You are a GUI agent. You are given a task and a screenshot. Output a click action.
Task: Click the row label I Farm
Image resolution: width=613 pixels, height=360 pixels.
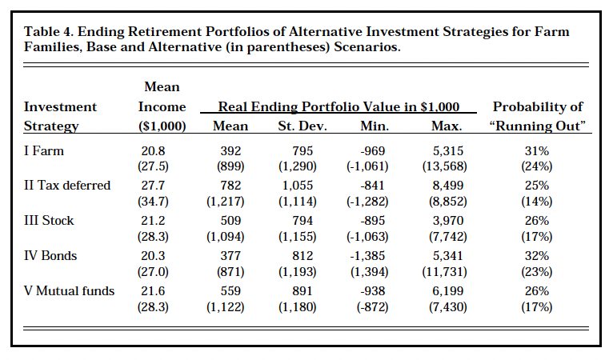tap(45, 151)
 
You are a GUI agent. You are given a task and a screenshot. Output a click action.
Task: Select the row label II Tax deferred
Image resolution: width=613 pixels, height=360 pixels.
tap(66, 186)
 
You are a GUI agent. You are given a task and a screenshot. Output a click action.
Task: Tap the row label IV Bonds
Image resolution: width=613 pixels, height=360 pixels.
tap(50, 256)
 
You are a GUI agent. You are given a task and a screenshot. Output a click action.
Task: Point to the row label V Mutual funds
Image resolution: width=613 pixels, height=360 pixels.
tap(70, 291)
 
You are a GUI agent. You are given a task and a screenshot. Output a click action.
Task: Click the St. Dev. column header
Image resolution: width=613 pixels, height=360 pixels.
tap(298, 126)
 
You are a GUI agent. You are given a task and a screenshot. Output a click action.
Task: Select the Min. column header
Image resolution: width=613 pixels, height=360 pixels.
tap(374, 126)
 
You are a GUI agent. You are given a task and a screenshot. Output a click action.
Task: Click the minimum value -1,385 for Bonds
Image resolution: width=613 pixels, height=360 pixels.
tap(374, 256)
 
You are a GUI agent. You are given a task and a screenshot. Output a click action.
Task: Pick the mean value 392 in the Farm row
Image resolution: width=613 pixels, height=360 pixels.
tap(230, 151)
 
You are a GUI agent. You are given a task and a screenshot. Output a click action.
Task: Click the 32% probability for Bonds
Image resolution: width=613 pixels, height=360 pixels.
tap(537, 256)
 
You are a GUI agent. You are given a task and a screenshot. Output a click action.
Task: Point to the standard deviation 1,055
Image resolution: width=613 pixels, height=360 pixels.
tap(298, 186)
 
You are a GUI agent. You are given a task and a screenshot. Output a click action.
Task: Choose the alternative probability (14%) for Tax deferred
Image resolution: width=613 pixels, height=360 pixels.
tap(537, 202)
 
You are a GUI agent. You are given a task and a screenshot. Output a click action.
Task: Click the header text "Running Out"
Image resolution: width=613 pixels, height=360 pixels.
tap(537, 126)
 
